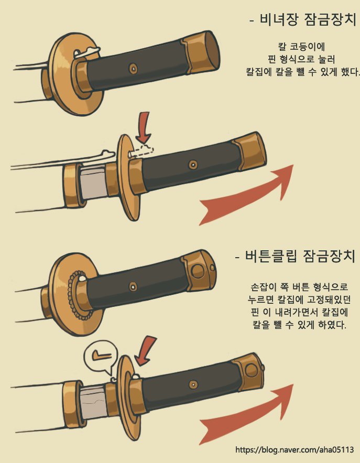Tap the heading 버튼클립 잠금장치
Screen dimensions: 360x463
[300, 256]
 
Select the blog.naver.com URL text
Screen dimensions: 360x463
[294, 450]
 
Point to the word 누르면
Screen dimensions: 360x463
[261, 300]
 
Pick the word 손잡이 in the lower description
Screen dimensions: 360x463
[264, 286]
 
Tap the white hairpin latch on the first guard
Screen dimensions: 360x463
[87, 52]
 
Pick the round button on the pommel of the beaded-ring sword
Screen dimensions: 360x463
[198, 271]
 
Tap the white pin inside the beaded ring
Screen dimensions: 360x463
[82, 278]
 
